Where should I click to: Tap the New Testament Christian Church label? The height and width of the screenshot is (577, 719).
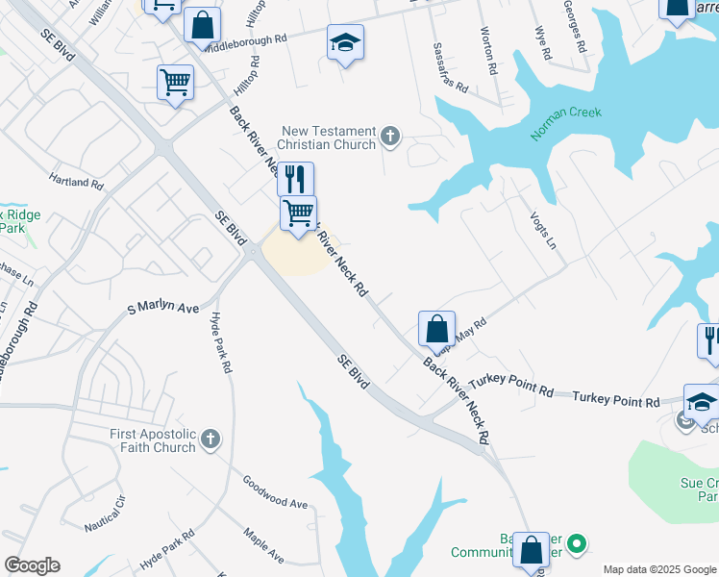[328, 138]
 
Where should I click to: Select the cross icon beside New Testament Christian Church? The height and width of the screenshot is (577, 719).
[390, 136]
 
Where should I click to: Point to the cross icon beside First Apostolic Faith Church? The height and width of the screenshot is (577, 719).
[211, 440]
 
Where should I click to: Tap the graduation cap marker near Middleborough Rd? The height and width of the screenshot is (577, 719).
[345, 44]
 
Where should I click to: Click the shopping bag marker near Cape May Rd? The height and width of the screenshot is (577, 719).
[436, 330]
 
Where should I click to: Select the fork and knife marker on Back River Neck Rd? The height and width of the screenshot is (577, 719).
[295, 179]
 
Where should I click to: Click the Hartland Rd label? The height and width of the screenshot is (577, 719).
[76, 181]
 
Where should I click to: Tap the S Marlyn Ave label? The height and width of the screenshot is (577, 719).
[163, 308]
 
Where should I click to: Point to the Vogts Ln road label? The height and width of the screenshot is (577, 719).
[543, 231]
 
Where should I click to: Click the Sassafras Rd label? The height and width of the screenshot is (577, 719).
[450, 67]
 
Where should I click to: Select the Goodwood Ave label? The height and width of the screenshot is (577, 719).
[274, 490]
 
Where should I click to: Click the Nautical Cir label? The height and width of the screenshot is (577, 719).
[105, 514]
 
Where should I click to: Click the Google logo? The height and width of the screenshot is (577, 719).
[32, 565]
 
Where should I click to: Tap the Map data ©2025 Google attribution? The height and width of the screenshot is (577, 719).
[658, 569]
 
